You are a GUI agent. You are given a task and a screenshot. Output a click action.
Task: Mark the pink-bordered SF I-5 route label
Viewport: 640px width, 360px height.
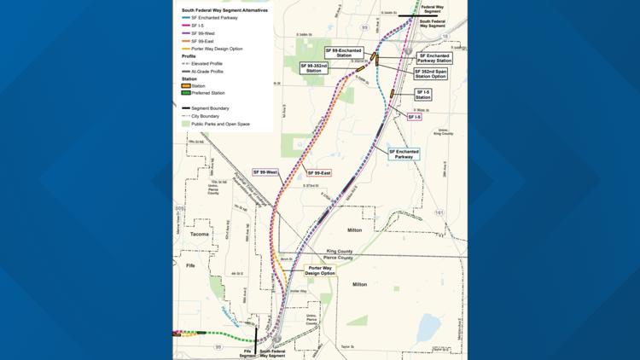pyautogui.click(x=414, y=117)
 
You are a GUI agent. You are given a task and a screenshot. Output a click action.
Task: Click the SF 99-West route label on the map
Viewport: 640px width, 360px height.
pyautogui.click(x=265, y=172)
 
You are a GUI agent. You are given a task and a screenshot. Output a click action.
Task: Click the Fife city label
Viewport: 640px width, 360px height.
pyautogui.click(x=190, y=265)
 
